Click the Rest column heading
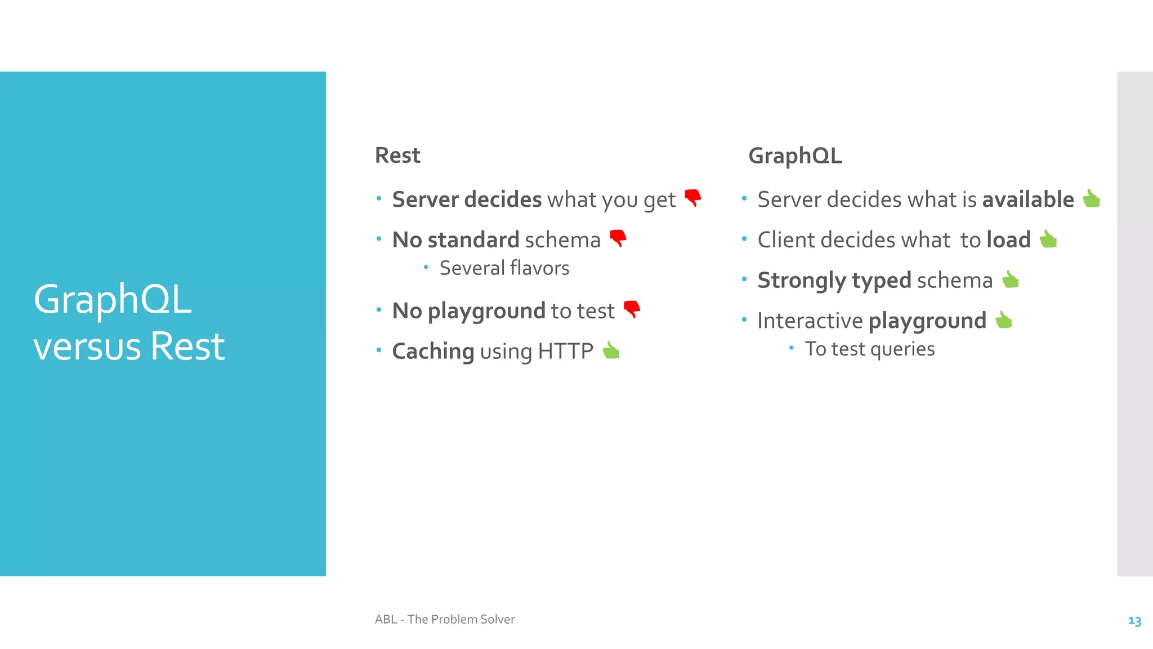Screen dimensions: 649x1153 pos(397,155)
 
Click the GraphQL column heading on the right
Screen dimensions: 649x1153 pos(795,156)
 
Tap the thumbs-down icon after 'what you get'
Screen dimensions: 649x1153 pos(693,198)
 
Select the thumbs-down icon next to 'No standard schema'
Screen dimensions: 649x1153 pos(618,238)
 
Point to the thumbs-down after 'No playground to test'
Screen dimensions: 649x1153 pos(632,309)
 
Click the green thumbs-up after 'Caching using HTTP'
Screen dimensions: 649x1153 pos(611,350)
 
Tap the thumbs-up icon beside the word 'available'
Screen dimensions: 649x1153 pos(1091,199)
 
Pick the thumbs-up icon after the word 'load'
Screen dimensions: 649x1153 pos(1048,239)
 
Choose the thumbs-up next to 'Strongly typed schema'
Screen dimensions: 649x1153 pos(1011,279)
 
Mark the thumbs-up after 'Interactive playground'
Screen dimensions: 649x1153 pos(1004,320)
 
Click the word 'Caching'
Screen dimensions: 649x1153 pos(433,352)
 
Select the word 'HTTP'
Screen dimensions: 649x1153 pos(565,352)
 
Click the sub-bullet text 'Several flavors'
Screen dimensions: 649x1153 pos(504,268)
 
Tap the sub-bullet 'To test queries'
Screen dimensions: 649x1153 pos(869,349)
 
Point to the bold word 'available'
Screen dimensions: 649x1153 pos(1028,199)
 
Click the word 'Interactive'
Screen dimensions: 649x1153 pos(810,321)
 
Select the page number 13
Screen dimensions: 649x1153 pos(1134,621)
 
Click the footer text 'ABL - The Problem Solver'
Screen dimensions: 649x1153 pos(445,619)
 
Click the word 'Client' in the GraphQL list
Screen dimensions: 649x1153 pos(785,240)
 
